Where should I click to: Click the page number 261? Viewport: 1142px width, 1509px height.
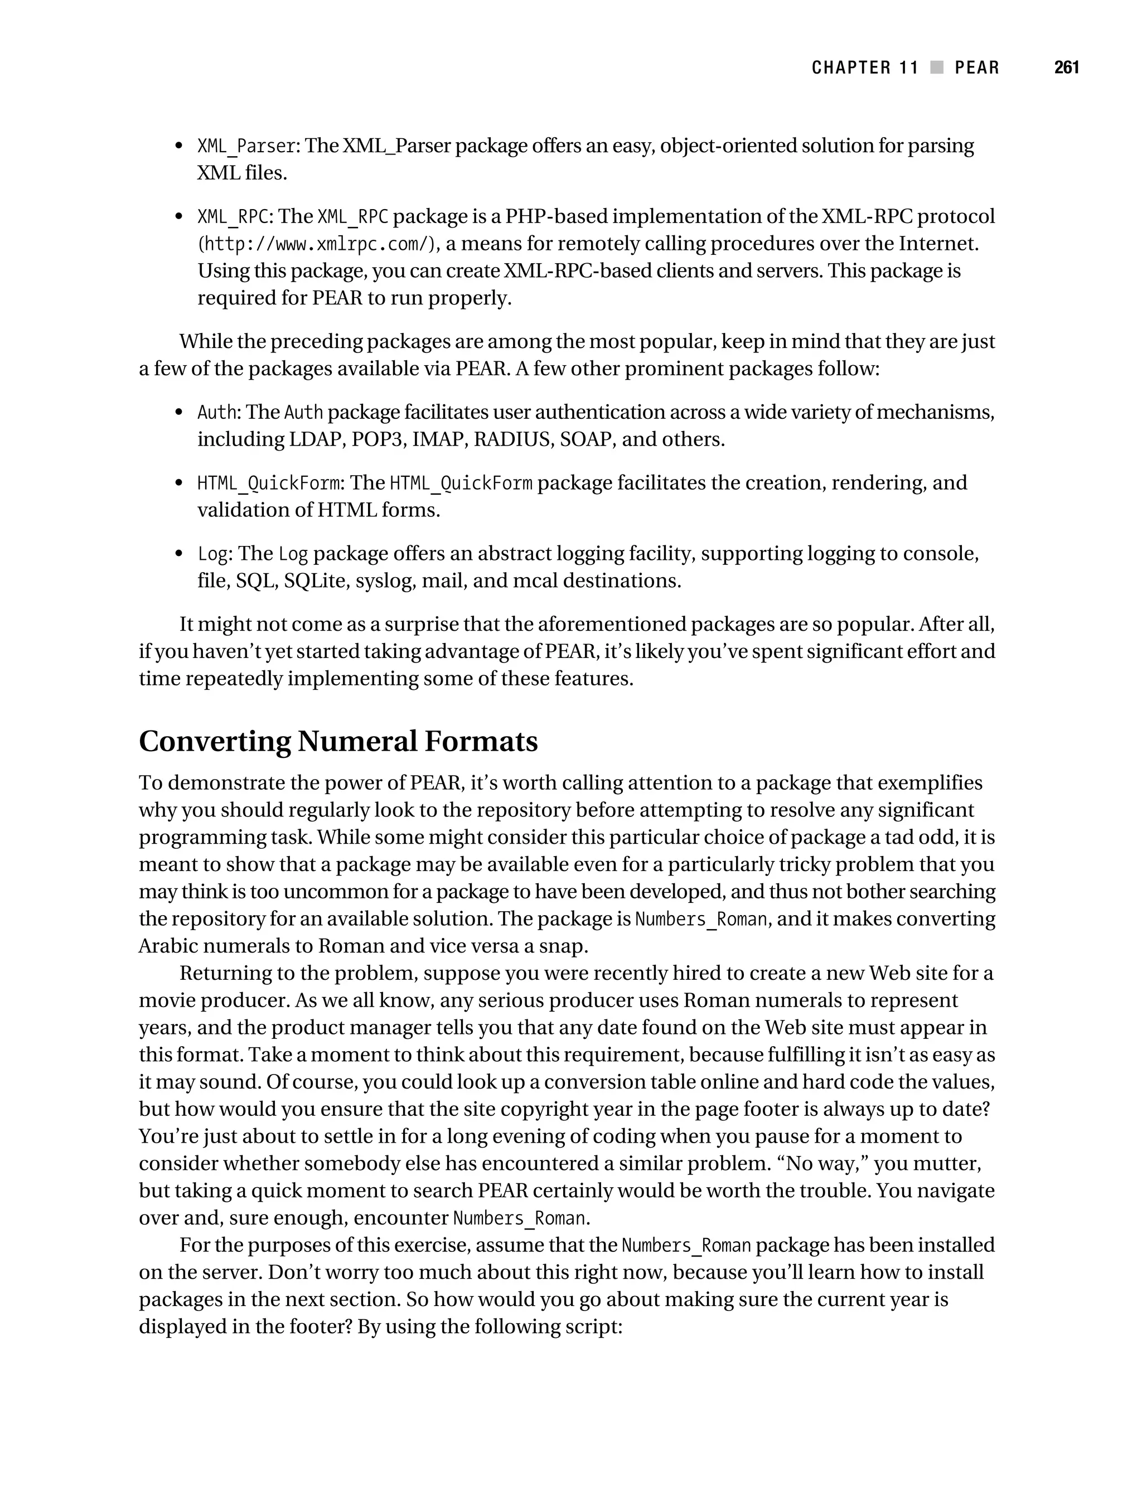(x=1066, y=67)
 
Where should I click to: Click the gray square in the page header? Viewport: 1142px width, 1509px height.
(x=937, y=67)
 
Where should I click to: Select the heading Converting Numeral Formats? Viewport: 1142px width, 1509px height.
(x=338, y=741)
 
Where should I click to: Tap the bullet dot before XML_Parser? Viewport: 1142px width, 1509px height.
(x=179, y=146)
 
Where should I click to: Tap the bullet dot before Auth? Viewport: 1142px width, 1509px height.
(x=179, y=413)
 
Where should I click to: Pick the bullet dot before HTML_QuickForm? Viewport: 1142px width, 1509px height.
(x=179, y=483)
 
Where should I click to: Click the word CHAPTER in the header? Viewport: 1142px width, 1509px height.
(x=851, y=67)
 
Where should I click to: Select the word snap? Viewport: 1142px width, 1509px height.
(x=564, y=946)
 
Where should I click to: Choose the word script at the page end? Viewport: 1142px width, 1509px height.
(x=592, y=1326)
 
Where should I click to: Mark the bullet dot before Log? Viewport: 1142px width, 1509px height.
(x=179, y=554)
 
